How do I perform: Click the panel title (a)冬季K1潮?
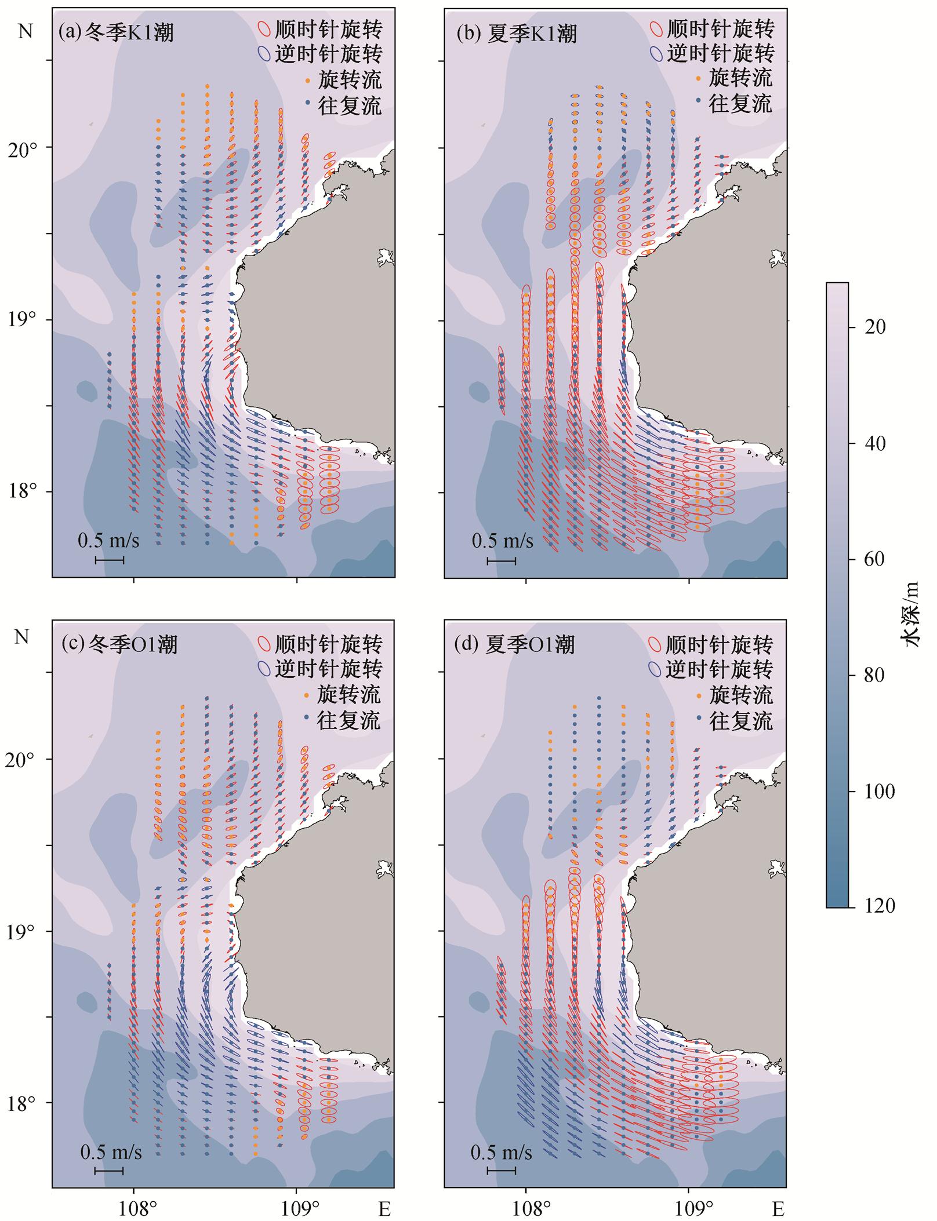pos(116,33)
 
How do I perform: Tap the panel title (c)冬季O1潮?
pos(119,644)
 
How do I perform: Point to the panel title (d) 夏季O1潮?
pos(515,645)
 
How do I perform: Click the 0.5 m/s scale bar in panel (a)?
pos(110,560)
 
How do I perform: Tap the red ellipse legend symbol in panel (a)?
pos(263,29)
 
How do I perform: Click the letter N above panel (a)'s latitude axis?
pos(26,31)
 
